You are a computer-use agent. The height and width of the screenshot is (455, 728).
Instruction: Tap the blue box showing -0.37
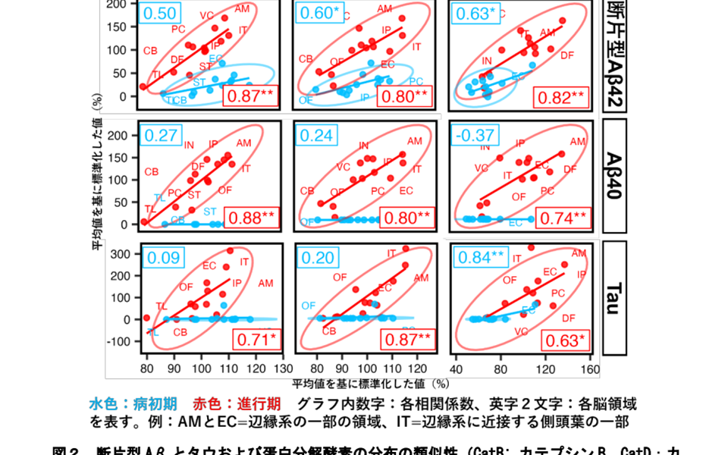click(469, 135)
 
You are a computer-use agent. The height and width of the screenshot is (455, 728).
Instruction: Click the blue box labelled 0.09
click(163, 258)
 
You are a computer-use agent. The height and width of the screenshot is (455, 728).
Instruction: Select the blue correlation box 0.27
click(161, 135)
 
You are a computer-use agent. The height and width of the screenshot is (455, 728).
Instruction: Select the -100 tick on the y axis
click(121, 341)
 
